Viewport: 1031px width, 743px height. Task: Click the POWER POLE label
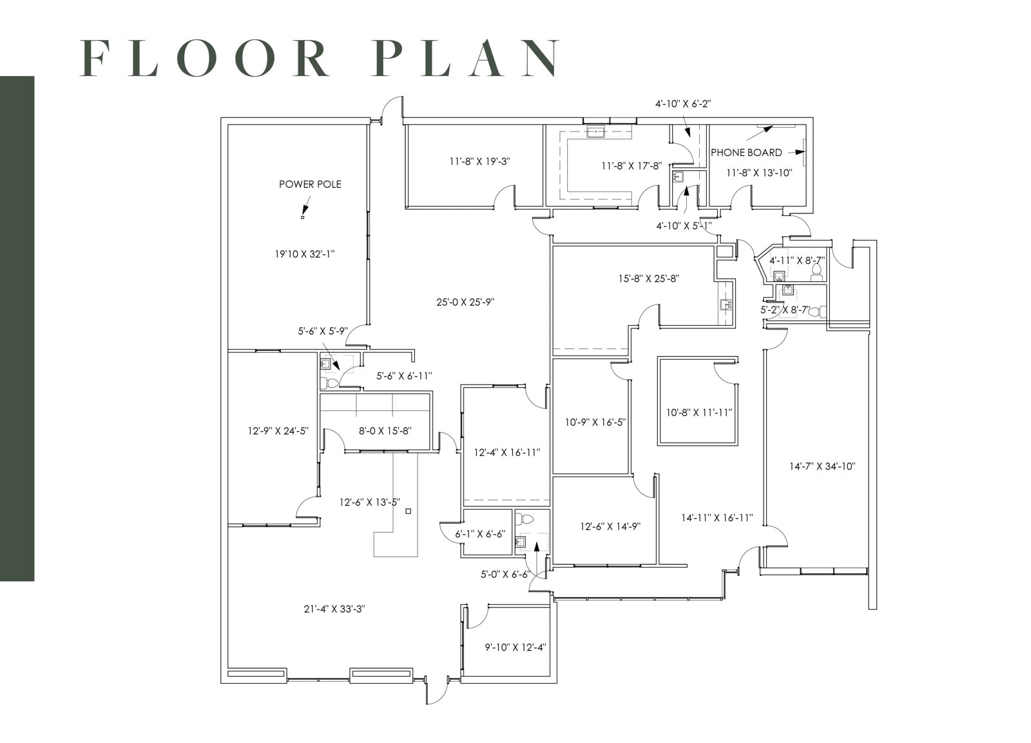[310, 184]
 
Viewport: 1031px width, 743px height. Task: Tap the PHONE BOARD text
[746, 153]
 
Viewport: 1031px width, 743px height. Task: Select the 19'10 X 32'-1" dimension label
[305, 254]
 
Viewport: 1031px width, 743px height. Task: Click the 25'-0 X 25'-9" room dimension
[465, 302]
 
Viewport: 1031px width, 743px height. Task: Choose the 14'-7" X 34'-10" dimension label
[822, 466]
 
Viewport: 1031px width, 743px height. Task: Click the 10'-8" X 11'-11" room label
[699, 412]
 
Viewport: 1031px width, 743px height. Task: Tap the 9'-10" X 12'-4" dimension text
[515, 647]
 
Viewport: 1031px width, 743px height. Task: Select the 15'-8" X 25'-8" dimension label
[649, 279]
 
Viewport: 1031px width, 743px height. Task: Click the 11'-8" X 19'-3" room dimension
[479, 161]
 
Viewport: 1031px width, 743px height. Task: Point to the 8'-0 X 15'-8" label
[385, 431]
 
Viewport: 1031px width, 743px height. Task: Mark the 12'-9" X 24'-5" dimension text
[278, 431]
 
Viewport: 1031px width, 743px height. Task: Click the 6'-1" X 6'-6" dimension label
[480, 534]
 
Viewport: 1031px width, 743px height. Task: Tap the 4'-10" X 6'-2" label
[683, 103]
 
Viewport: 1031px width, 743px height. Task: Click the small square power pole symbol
[302, 217]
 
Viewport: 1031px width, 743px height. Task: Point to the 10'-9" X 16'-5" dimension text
[595, 422]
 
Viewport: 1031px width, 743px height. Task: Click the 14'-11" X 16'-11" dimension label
[717, 517]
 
